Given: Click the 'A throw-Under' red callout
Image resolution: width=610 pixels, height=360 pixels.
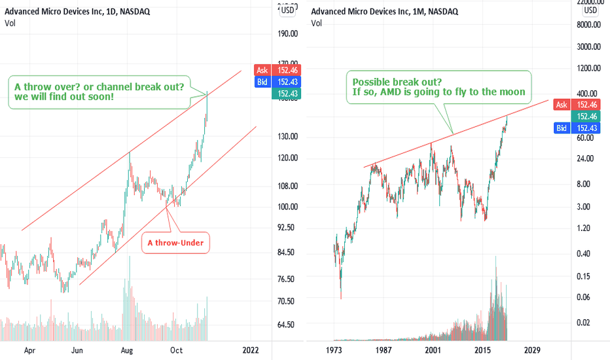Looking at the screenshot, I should click(176, 243).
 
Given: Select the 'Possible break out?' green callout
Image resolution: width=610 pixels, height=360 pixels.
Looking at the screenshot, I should click(439, 86).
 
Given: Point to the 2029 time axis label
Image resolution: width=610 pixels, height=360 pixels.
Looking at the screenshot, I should click(532, 350).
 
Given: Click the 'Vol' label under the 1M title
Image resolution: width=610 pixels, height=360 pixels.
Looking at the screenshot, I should click(317, 24).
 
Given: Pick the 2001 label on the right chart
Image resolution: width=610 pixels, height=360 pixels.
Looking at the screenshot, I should click(432, 350).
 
